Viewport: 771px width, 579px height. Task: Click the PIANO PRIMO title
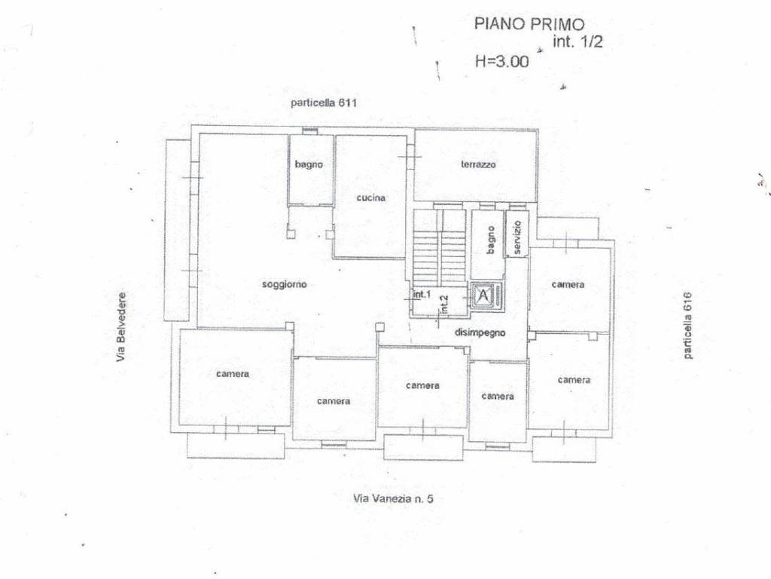click(x=529, y=23)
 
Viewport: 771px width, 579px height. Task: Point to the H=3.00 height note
click(x=502, y=61)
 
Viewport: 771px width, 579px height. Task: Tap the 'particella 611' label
click(x=324, y=103)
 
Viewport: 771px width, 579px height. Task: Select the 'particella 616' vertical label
click(x=687, y=326)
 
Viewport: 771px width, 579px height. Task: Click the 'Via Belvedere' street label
click(x=121, y=327)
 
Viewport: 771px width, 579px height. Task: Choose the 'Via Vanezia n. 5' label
click(x=393, y=498)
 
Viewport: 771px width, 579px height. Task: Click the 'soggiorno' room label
click(x=284, y=284)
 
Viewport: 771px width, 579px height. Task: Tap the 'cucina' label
click(x=370, y=198)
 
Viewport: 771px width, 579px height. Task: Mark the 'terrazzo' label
click(x=478, y=164)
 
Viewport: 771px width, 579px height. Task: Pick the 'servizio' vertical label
click(x=517, y=237)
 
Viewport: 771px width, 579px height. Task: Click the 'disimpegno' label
click(x=480, y=332)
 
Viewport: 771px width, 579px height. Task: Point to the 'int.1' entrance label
click(x=422, y=295)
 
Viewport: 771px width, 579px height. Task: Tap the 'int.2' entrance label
click(x=444, y=304)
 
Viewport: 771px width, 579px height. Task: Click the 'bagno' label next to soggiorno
click(x=309, y=164)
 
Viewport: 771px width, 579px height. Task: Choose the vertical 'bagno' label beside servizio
click(x=490, y=240)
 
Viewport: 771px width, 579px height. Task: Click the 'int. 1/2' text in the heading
click(x=577, y=41)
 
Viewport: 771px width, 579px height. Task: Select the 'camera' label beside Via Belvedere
click(x=233, y=374)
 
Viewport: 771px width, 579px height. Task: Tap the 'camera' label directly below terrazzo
click(x=568, y=284)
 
